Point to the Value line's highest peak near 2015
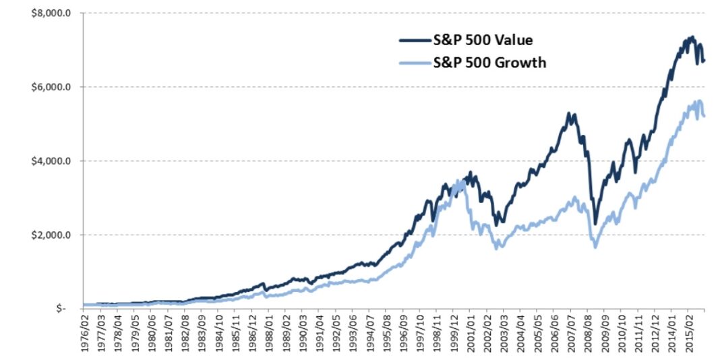[692, 37]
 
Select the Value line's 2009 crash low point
[595, 223]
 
